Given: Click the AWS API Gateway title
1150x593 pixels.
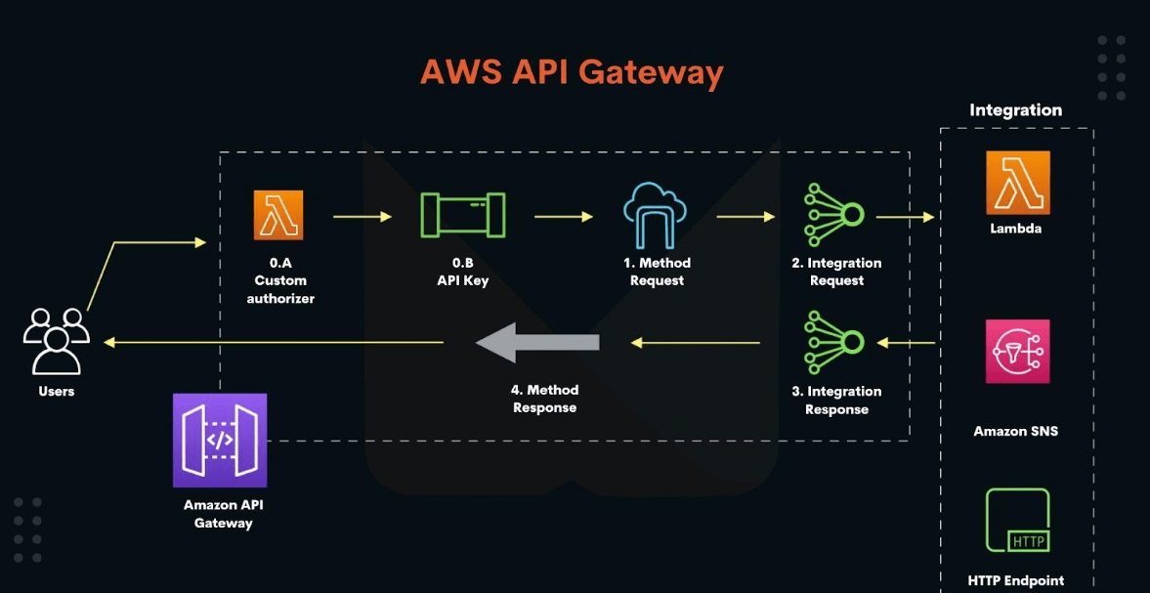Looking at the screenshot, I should point(572,72).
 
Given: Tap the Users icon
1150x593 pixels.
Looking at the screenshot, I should point(57,341).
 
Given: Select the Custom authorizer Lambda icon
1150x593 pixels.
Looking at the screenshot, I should point(278,215).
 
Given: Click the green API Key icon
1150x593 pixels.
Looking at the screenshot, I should point(462,215).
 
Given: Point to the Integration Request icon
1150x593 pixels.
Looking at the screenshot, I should point(834,216).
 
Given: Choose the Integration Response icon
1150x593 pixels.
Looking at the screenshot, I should point(834,342).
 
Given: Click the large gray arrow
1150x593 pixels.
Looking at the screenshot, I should point(537,342).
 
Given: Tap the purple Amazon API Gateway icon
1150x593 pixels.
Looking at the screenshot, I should point(220,440).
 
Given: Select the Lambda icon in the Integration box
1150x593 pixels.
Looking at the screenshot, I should point(1017,183).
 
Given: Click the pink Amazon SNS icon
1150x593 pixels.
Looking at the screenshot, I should point(1017,351).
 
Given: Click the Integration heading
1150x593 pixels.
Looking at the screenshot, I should point(1015,110).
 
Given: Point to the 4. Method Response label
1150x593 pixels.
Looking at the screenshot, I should point(545,399).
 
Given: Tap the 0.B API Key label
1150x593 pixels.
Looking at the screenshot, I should point(462,272).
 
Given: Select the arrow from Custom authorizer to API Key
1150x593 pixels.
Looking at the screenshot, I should point(362,216).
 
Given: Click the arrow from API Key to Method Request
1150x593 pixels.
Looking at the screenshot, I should point(563,216).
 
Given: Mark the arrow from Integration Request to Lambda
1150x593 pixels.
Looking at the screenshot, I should point(905,217).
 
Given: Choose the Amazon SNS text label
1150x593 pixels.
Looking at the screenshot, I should point(1015,431).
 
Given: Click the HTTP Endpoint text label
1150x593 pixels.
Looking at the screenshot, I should point(1015,580).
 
